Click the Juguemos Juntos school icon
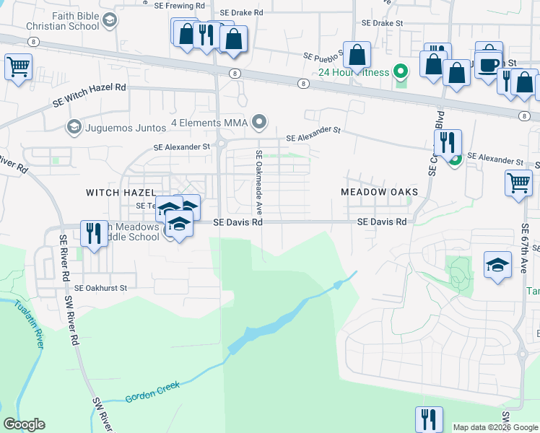[x=73, y=128]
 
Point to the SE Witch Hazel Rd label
[x=90, y=97]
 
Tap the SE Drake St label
[x=383, y=23]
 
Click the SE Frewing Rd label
[x=180, y=5]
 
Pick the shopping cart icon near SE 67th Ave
[x=518, y=182]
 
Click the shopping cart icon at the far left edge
[x=18, y=67]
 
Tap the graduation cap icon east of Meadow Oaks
[x=498, y=265]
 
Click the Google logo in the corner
[x=24, y=424]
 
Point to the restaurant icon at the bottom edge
[x=428, y=419]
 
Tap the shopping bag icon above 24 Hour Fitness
[x=357, y=54]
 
